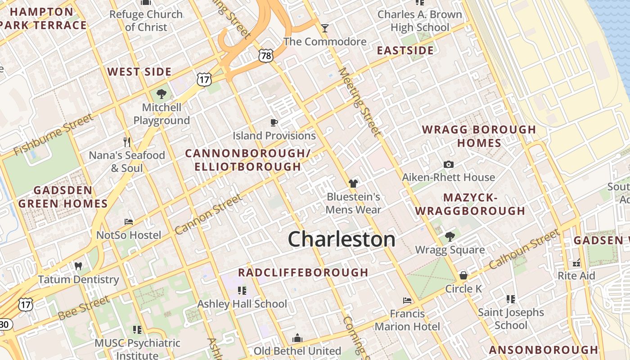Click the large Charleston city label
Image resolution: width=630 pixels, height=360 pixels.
pos(342,239)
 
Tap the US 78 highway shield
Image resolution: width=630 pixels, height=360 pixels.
pos(265,55)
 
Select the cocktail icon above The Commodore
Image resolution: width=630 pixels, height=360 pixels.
pos(324,29)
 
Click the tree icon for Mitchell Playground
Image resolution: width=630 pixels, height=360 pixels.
pos(162,94)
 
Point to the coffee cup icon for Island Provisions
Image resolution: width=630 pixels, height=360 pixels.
pos(274,122)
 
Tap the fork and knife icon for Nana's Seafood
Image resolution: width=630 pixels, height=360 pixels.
pos(127,142)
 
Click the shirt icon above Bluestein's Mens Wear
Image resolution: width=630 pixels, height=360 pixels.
pos(353,183)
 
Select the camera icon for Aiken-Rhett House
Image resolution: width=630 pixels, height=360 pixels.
pos(448,164)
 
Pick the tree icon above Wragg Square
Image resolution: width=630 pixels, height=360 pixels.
pos(450,237)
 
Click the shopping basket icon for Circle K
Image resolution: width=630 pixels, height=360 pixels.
pos(463,275)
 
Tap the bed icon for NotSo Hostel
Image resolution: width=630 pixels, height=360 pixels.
pos(129,222)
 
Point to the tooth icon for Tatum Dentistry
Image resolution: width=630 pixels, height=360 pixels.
pos(78,266)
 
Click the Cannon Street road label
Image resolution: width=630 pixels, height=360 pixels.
pos(208,214)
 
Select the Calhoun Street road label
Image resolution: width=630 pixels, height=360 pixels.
pos(524,249)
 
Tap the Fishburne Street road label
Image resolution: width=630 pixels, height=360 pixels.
pos(54,134)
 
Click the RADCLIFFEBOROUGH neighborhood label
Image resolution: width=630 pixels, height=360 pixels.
pos(303,272)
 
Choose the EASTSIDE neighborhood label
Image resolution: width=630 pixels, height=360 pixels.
pos(405,50)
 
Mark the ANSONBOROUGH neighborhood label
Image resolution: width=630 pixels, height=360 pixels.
pos(544,350)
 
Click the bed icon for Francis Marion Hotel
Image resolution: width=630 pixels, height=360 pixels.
pos(407,300)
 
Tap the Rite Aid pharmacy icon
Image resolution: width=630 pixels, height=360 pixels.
pos(576,262)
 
